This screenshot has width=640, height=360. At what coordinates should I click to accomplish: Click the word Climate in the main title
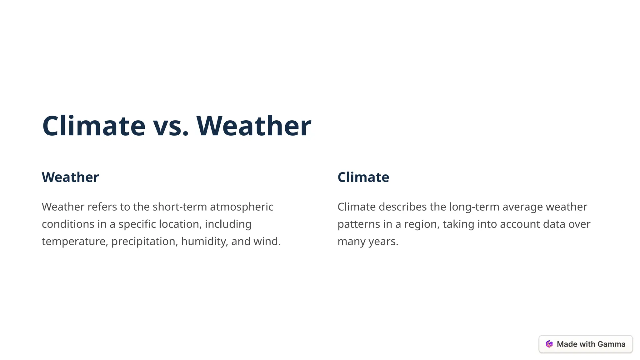pos(94,126)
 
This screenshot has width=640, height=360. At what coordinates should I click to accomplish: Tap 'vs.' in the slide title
pos(171,126)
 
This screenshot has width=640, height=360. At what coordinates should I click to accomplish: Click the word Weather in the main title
pos(254,126)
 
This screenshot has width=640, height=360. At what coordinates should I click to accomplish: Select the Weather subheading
pos(70,177)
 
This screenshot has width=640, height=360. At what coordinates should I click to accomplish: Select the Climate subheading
pos(363,177)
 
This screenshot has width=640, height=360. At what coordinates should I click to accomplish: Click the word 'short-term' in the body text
pos(180,207)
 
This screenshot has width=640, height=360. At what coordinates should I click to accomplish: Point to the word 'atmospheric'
pos(242,207)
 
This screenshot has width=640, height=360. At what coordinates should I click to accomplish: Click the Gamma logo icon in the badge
pos(549,344)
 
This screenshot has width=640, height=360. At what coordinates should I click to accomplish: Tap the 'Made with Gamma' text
pos(591,344)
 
